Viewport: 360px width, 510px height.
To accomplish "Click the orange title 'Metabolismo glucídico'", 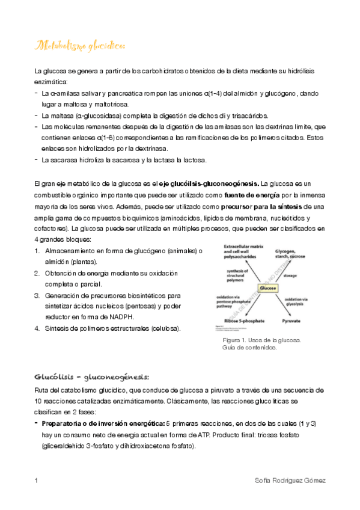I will click(x=81, y=46).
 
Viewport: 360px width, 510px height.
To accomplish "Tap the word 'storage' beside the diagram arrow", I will click(x=290, y=275).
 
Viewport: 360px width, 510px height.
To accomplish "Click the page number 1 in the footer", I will click(x=37, y=481).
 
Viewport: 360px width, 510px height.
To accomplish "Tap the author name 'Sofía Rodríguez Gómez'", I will click(x=290, y=481).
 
